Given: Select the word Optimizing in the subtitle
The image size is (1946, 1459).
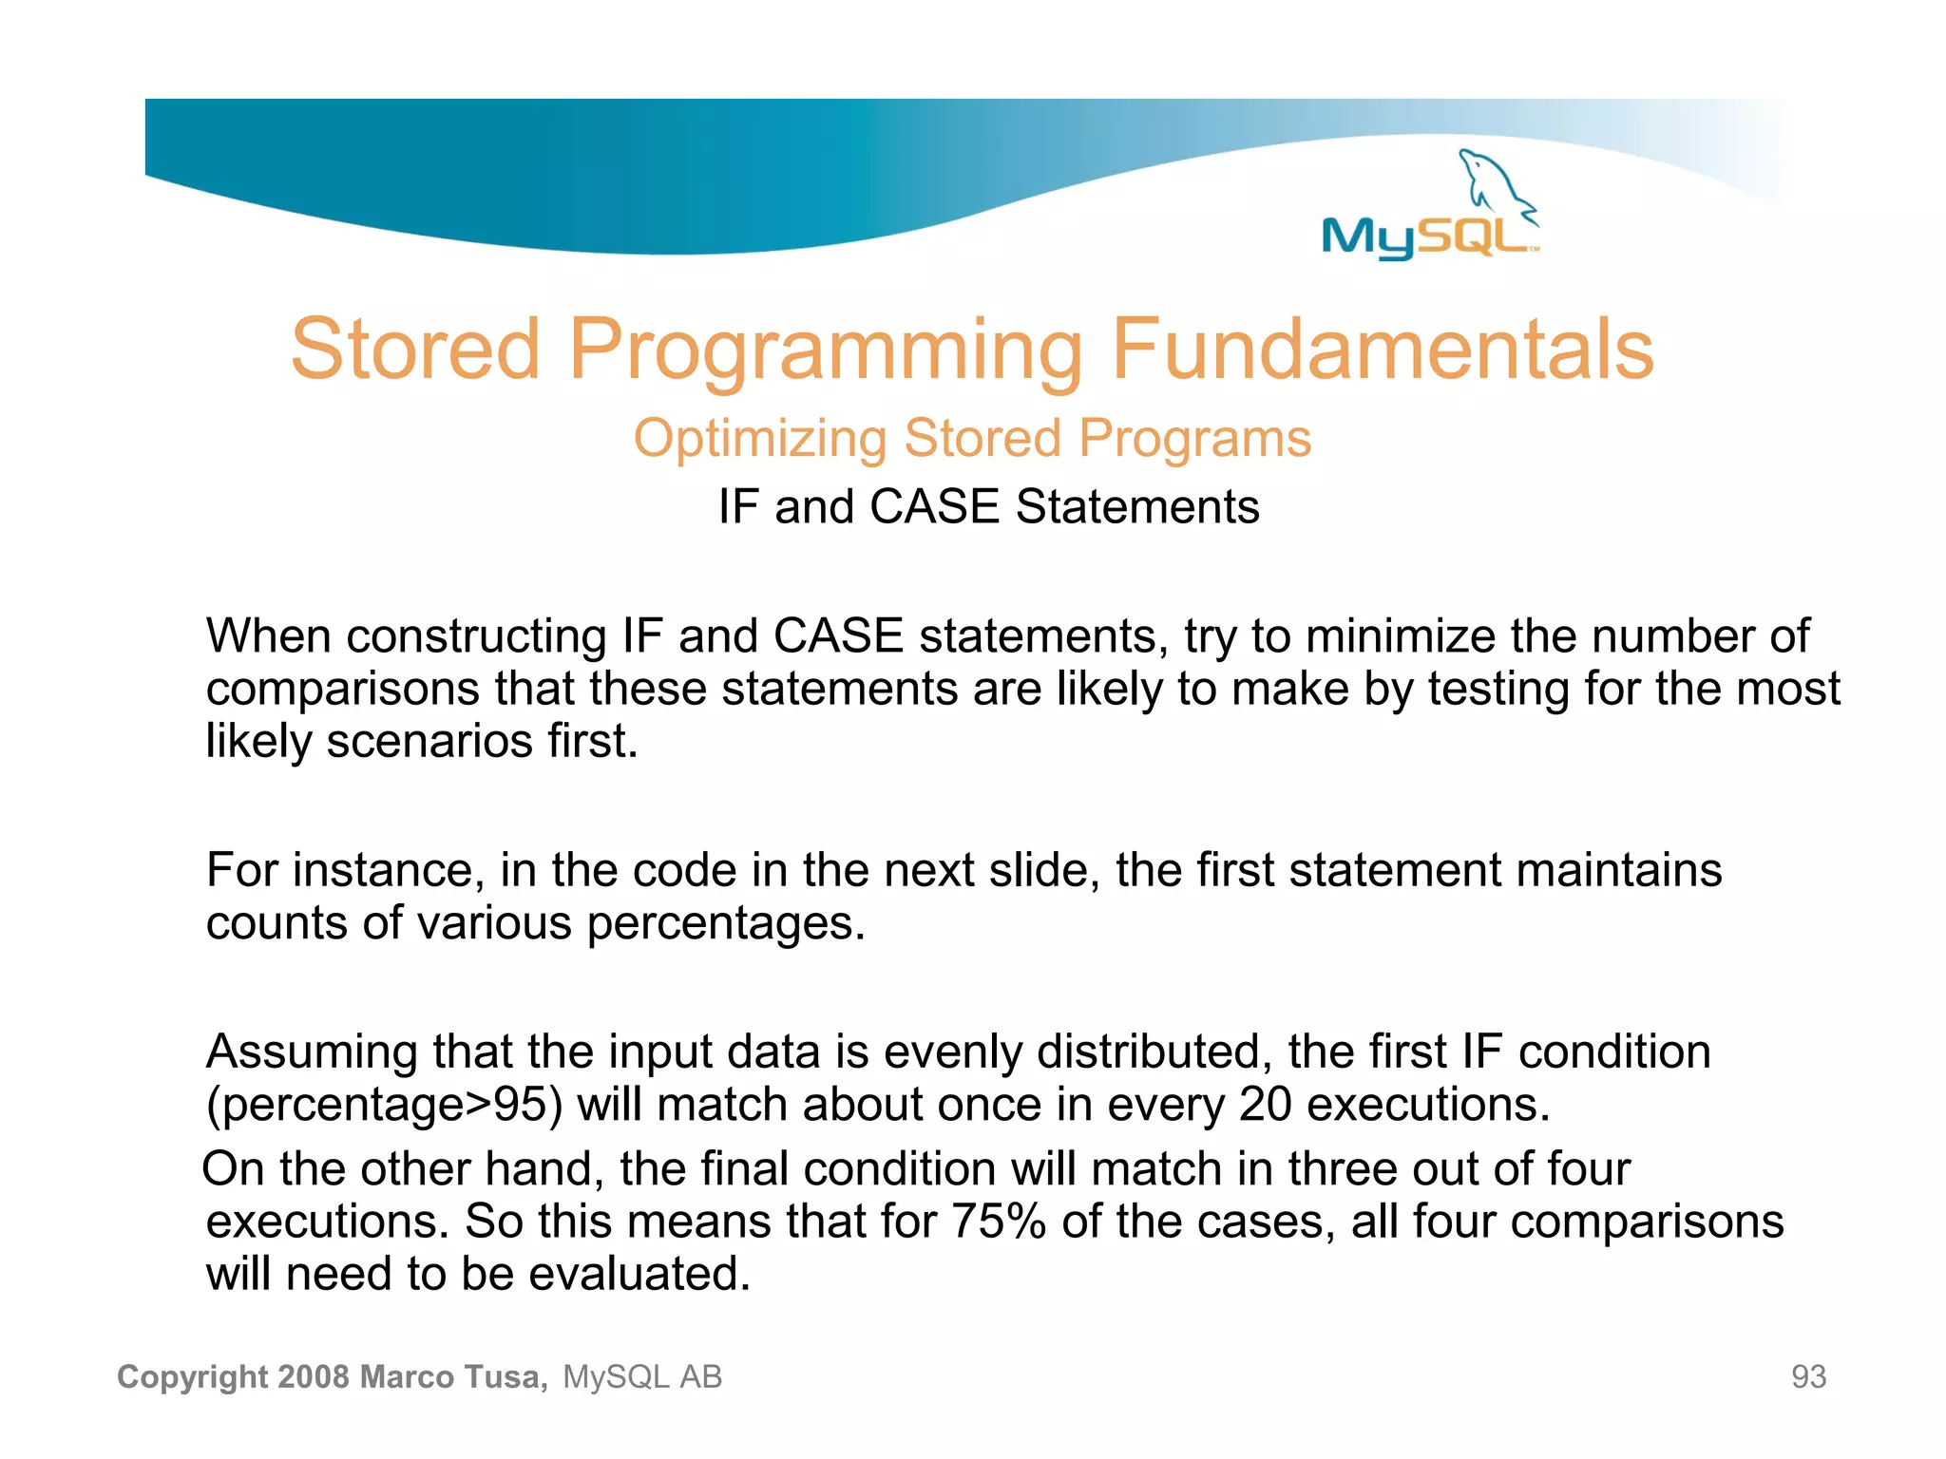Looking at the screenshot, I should (759, 439).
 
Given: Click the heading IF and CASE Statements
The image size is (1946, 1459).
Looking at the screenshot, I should (988, 506).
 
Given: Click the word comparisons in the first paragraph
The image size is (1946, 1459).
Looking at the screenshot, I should (342, 690).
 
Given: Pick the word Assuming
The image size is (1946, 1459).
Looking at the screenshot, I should (312, 1052).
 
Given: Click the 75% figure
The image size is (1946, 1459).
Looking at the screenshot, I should (999, 1222).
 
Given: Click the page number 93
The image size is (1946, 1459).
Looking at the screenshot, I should (1808, 1377).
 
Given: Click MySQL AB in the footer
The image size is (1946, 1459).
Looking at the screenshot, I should (642, 1377).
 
